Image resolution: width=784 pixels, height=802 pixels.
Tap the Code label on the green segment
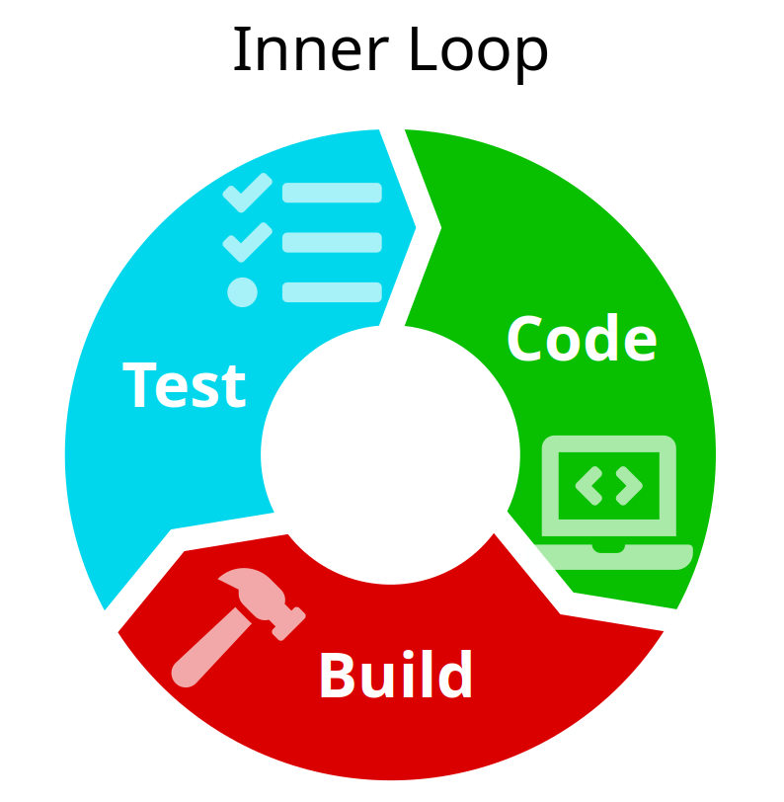click(x=581, y=339)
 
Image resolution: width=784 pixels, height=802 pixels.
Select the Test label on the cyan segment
click(x=185, y=384)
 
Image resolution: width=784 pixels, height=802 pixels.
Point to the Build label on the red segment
click(x=395, y=676)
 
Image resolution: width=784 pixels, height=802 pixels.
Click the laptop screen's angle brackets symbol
click(x=609, y=485)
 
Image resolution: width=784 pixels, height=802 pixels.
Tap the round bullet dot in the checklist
click(x=242, y=291)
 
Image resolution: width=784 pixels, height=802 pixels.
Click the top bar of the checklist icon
click(x=332, y=193)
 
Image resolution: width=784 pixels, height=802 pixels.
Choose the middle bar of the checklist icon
click(x=332, y=242)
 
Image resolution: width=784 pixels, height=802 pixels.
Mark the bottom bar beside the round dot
click(x=332, y=291)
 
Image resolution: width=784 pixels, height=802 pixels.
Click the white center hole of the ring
click(x=390, y=453)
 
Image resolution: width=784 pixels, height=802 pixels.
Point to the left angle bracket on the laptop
click(x=589, y=485)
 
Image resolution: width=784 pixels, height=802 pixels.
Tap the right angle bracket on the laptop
click(x=629, y=485)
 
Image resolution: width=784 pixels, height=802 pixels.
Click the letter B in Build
click(x=338, y=676)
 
